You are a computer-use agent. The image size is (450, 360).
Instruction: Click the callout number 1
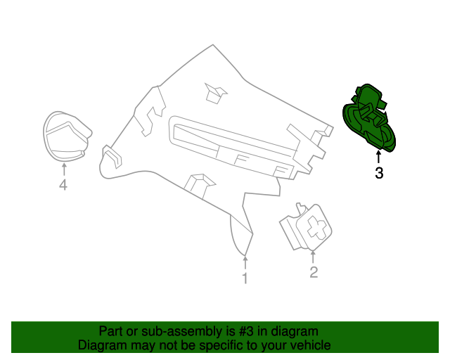[x=245, y=279]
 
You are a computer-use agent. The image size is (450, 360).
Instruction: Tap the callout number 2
[x=314, y=272]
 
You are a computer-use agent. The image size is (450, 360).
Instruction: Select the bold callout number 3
[x=379, y=173]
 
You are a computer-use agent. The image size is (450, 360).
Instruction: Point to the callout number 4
[x=63, y=185]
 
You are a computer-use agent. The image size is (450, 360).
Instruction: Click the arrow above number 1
[x=245, y=263]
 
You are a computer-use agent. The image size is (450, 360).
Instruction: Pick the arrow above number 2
[x=314, y=256]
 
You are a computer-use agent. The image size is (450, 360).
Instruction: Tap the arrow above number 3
[x=379, y=156]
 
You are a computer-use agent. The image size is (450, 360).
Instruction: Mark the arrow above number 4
[x=63, y=169]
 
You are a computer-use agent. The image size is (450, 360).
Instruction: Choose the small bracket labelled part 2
[x=307, y=227]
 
